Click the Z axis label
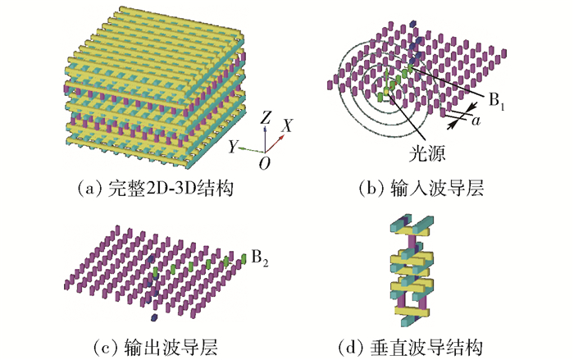tap(265, 116)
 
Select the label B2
tap(258, 262)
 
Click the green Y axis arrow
tap(252, 151)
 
